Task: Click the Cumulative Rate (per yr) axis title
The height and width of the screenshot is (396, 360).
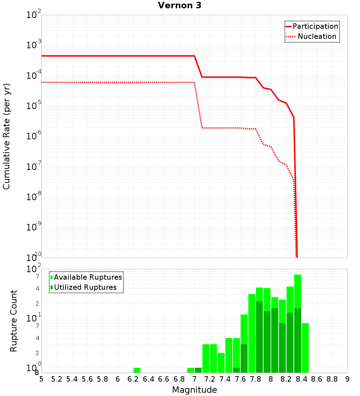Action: tap(6, 136)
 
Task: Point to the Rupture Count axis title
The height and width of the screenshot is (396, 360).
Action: tap(14, 320)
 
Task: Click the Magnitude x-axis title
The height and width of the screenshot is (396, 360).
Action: tap(194, 390)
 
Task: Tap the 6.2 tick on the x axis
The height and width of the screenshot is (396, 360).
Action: tap(133, 379)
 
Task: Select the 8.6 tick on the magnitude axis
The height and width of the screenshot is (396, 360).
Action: tap(317, 379)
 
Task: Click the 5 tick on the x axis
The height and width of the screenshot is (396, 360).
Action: tap(41, 379)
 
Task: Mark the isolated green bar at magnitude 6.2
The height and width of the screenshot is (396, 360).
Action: tap(137, 370)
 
